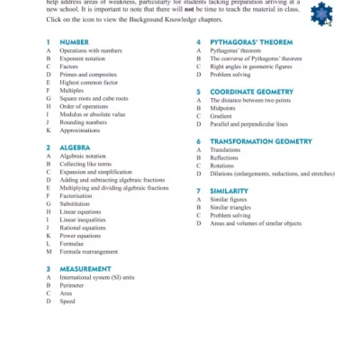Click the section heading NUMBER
[x=74, y=42]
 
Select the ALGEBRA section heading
[x=75, y=147]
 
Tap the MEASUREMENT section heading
[x=85, y=269]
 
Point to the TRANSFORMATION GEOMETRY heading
[x=261, y=140]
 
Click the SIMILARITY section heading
[x=229, y=190]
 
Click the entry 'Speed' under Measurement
[x=67, y=301]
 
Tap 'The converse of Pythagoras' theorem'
[x=256, y=58]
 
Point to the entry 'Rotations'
[x=222, y=165]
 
